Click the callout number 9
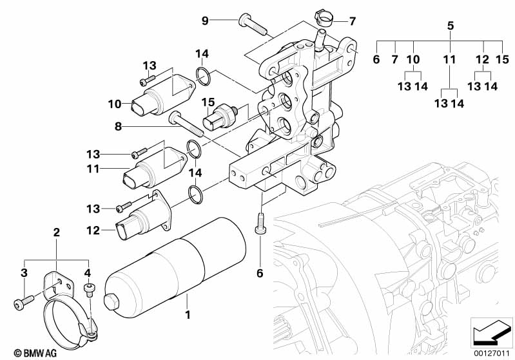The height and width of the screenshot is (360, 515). (x=205, y=21)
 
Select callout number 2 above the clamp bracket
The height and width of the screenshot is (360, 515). (x=56, y=232)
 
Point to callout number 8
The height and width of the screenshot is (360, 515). (x=118, y=127)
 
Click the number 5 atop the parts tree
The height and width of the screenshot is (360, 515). (x=451, y=26)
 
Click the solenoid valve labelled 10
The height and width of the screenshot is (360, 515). (x=157, y=97)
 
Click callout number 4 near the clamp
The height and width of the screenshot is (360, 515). (x=88, y=272)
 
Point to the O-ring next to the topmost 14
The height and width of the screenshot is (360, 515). (x=202, y=75)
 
